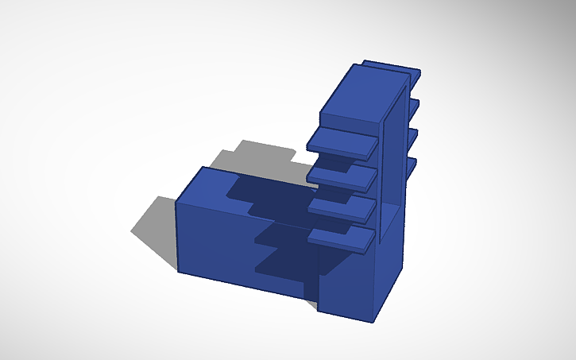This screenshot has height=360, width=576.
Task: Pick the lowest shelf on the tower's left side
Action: coord(342,237)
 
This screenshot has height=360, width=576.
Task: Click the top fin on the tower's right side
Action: coord(415,75)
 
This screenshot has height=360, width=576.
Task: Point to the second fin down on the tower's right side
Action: coord(413,104)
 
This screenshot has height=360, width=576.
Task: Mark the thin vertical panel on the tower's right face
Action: coord(390,175)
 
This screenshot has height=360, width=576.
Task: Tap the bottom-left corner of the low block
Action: coord(177,271)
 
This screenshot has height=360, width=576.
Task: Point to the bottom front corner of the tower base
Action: coord(373,322)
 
